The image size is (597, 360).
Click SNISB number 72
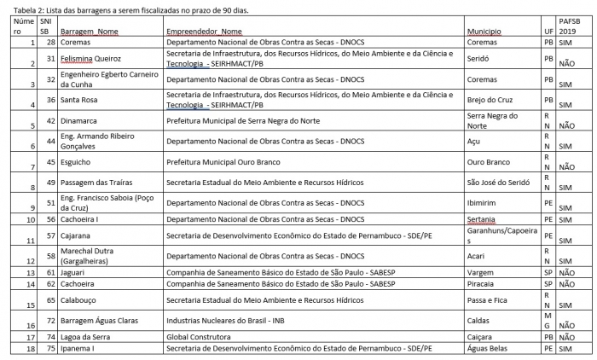pos(50,320)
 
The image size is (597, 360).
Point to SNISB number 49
pos(50,182)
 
